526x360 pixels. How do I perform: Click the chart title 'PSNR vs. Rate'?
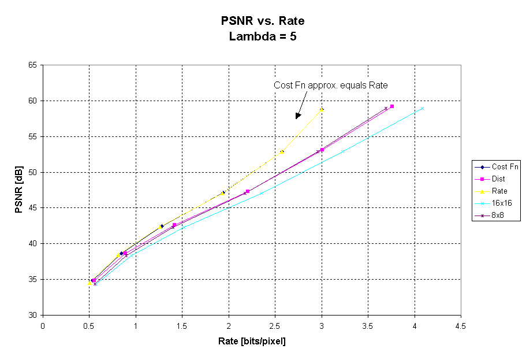click(263, 21)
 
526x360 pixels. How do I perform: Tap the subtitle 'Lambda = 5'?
click(263, 36)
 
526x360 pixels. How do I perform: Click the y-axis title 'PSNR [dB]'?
click(19, 190)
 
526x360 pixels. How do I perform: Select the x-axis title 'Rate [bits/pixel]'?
click(252, 341)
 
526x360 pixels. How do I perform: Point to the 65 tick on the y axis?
click(32, 65)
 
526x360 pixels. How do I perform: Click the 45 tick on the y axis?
click(32, 208)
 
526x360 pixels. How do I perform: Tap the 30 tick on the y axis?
click(32, 315)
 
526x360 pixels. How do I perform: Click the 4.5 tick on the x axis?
click(460, 325)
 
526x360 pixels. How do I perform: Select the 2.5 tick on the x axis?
click(275, 325)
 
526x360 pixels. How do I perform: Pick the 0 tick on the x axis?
click(43, 325)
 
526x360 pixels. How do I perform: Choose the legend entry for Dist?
click(498, 179)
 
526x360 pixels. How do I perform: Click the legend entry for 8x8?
click(498, 215)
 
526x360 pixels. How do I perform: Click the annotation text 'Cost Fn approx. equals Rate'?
click(330, 86)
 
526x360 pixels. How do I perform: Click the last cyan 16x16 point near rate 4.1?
click(422, 108)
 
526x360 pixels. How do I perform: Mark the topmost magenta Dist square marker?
click(392, 106)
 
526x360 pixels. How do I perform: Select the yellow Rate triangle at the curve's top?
click(322, 109)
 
